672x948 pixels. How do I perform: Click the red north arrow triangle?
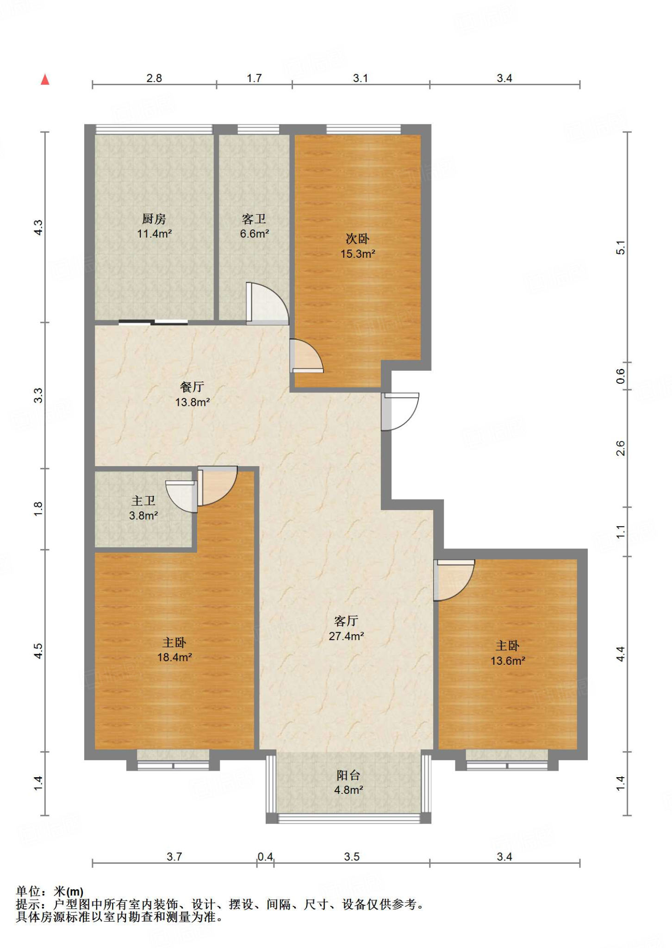[45, 80]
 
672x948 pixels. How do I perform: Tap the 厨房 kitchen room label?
[154, 218]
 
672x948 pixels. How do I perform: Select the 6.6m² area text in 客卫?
[254, 234]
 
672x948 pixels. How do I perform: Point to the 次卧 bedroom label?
[357, 239]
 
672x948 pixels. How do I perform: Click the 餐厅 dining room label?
[192, 387]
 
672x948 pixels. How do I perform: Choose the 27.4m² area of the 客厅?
[346, 636]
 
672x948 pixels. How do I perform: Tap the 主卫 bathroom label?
[143, 501]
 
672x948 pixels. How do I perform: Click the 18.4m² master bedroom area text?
[174, 657]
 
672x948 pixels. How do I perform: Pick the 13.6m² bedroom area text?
[508, 661]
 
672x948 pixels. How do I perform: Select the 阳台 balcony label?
[348, 775]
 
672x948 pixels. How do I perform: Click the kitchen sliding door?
[153, 322]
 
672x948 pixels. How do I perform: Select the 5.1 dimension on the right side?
[620, 248]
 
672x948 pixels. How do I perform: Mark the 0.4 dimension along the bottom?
[265, 856]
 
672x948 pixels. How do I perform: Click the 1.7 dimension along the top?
[254, 78]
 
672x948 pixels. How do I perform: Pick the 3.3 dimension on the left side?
[38, 395]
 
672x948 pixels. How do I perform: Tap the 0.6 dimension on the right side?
[620, 376]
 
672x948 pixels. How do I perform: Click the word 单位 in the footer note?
[28, 891]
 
